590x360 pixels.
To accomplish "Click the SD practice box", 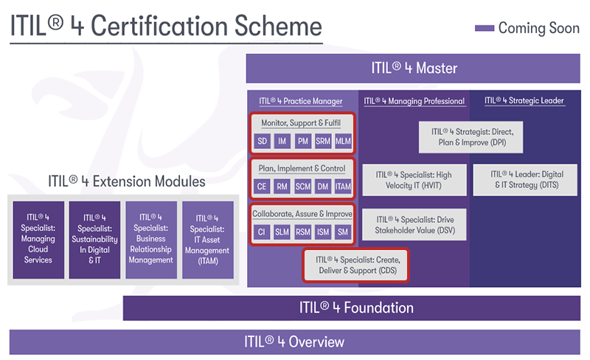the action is pos(263,141).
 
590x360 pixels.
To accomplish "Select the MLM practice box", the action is pos(343,141).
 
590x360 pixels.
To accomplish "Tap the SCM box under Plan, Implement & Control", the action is pos(303,187).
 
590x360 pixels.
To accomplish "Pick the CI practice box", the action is pos(262,232).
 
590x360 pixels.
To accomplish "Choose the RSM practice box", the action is pos(303,232).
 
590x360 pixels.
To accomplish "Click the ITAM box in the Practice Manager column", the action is pos(343,187).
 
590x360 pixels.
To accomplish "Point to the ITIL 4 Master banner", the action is pos(413,69).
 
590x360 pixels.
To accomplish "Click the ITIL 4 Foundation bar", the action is pos(352,308).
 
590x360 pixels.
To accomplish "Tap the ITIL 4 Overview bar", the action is pos(294,342).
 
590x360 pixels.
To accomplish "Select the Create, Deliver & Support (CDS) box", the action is pos(356,265).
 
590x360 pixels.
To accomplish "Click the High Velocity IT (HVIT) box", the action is pos(414,180).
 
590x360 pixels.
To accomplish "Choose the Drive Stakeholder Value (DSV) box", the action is pos(414,225).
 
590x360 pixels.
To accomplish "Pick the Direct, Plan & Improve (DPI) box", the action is pos(471,137).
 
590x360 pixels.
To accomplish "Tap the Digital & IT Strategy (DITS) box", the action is pos(525,179).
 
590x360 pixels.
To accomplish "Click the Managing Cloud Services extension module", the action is pos(38,240).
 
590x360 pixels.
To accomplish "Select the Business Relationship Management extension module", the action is pos(151,240).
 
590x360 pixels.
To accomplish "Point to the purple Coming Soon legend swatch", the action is pos(485,28).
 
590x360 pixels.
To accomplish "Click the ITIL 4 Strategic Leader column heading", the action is pos(524,100).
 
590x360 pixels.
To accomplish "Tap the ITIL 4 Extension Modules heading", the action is pos(126,181).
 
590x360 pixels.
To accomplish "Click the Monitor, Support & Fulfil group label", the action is pos(301,123).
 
